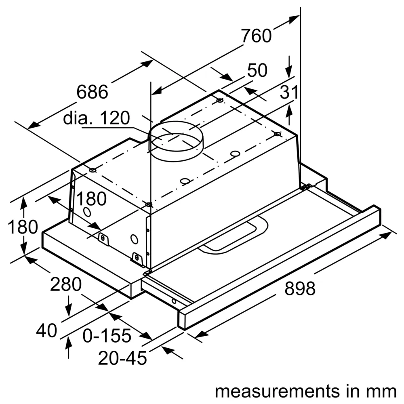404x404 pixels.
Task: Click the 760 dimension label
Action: click(257, 36)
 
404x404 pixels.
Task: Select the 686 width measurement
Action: click(92, 92)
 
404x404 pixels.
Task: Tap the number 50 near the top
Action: click(257, 71)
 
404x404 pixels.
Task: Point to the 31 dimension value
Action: click(289, 93)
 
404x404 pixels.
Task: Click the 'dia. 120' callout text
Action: click(97, 118)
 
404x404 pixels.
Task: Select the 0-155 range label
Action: click(107, 335)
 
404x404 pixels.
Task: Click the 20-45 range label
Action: click(122, 358)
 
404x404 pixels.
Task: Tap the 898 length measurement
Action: click(300, 289)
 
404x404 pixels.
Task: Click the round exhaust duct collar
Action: click(176, 140)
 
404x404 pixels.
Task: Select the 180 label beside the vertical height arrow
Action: click(23, 227)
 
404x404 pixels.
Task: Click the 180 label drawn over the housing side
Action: click(91, 199)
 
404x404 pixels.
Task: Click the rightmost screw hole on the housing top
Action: click(277, 134)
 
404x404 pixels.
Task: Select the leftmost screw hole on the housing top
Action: click(93, 170)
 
